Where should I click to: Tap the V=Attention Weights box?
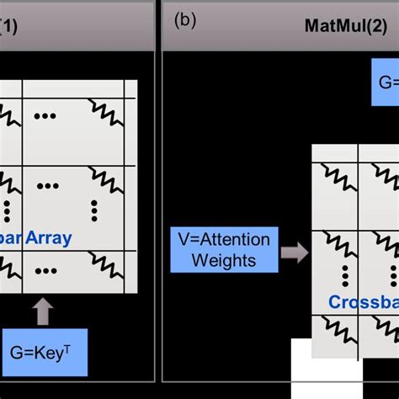point(224,250)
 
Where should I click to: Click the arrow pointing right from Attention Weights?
point(294,250)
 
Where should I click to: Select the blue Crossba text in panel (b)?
point(363,301)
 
